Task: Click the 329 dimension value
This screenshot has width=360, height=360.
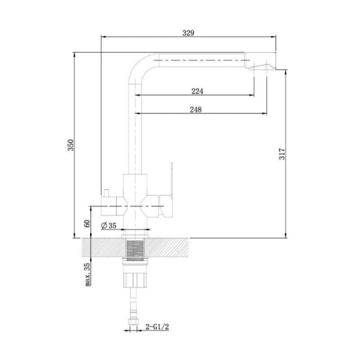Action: pyautogui.click(x=188, y=33)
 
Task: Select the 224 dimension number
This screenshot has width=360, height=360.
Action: pyautogui.click(x=197, y=91)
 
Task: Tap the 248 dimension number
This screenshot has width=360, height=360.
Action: pyautogui.click(x=196, y=109)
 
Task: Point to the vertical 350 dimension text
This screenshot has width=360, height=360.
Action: pyautogui.click(x=71, y=145)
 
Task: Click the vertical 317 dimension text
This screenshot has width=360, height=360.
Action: pyautogui.click(x=282, y=154)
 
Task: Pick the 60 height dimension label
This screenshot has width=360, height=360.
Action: pyautogui.click(x=87, y=223)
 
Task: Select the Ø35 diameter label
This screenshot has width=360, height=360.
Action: pyautogui.click(x=109, y=226)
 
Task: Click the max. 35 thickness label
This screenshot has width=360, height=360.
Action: pyautogui.click(x=87, y=274)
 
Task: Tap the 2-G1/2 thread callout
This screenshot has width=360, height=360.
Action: pyautogui.click(x=157, y=326)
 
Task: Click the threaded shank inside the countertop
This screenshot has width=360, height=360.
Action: pyautogui.click(x=135, y=250)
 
